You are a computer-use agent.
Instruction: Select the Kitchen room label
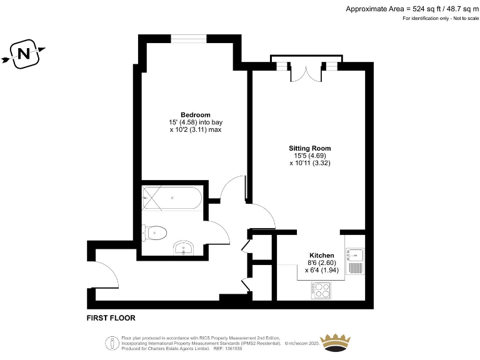coord(322,256)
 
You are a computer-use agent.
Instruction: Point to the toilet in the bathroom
coord(155,233)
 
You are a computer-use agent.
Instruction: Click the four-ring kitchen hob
coord(322,290)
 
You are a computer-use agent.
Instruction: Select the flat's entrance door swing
coord(105,276)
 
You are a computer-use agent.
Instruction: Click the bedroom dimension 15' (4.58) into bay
coord(195,122)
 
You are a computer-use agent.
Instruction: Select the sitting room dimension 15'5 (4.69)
coord(308,156)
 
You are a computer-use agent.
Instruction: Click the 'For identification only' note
coord(440,19)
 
